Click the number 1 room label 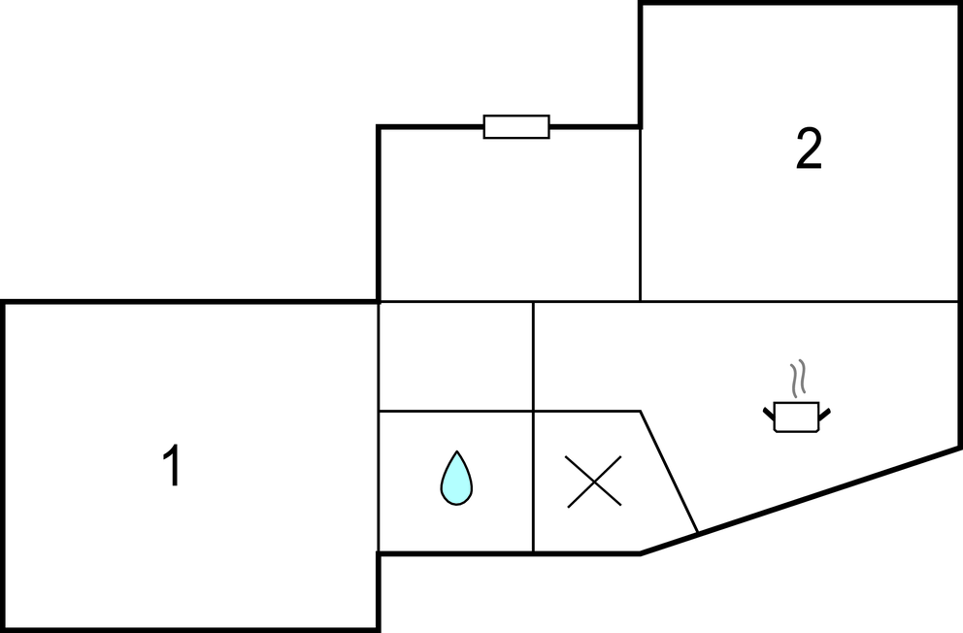pos(173,465)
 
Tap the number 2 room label pos(809,149)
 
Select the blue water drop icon pos(456,479)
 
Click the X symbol pos(594,482)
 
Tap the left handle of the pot pos(769,414)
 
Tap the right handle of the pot pos(825,414)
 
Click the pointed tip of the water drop pos(457,451)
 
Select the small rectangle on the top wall pos(516,126)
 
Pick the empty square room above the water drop pos(455,356)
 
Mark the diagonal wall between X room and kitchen pos(669,472)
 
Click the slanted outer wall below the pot pos(799,501)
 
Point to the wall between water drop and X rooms pos(533,482)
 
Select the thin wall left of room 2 pos(640,215)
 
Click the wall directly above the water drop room pos(455,411)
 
